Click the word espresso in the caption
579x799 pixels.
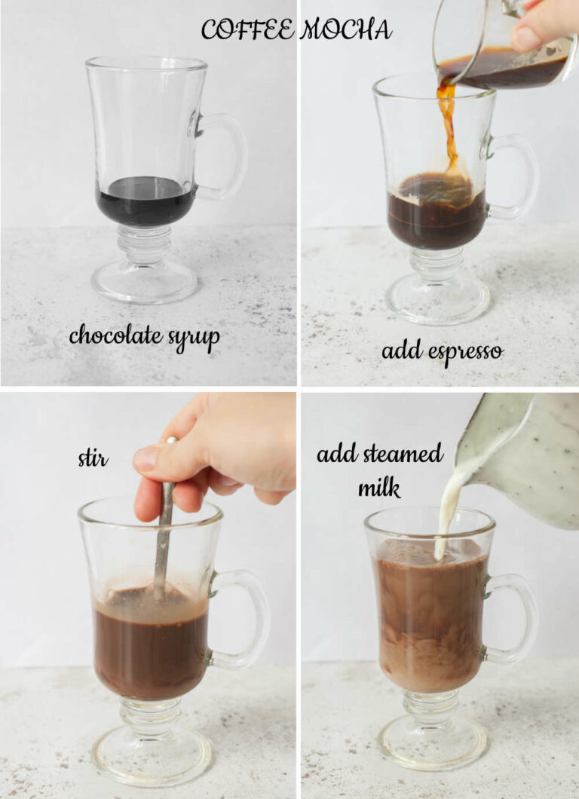(462, 351)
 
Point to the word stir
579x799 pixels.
(93, 458)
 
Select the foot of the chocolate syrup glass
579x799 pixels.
(144, 282)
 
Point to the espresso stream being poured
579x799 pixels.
(449, 128)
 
